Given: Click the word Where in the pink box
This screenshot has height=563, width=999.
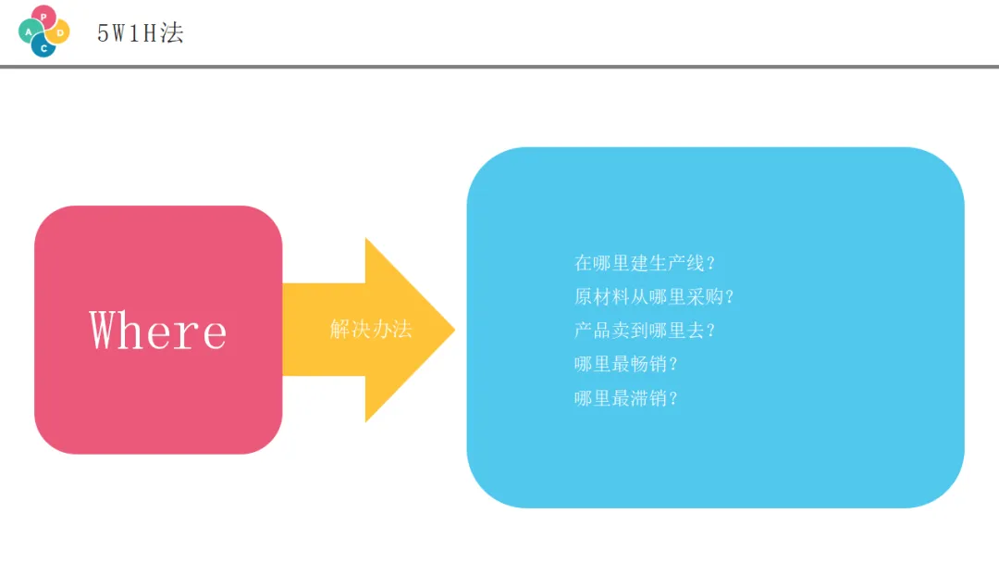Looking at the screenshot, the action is coord(158,330).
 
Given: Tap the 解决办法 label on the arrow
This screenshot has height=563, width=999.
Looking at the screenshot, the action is coord(371,329).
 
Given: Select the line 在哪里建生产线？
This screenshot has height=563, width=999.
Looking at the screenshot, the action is coord(645,263).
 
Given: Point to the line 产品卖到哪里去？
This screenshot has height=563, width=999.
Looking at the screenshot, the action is coord(645,331).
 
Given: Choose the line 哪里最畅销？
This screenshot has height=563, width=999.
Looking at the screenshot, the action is coord(626,364).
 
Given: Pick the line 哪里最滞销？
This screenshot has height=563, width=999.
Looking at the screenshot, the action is coord(626,398).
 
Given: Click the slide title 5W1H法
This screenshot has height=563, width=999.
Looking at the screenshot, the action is coord(141,32).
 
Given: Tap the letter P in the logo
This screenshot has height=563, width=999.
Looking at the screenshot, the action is coord(43,17).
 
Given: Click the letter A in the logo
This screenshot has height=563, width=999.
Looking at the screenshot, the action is coord(30,31).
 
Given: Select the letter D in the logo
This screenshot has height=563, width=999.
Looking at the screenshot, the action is coord(60,32).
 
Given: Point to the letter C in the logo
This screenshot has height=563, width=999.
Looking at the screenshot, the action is coord(43,47).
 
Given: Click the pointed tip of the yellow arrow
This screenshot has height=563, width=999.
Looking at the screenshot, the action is coord(452,330).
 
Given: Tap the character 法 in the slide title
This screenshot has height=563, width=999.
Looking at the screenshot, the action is coord(172,32).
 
